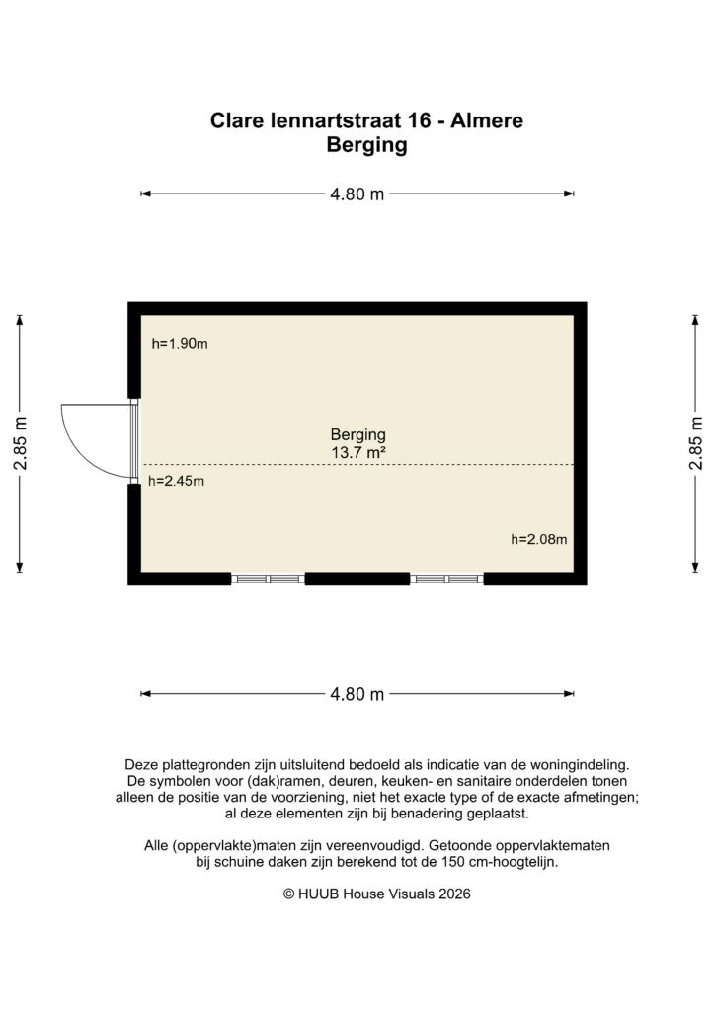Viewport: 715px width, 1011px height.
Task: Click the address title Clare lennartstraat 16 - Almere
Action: [366, 121]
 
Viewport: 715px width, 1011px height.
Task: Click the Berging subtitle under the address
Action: [366, 146]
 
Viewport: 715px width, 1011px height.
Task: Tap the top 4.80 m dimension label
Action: [357, 194]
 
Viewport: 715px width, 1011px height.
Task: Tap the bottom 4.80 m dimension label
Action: [357, 694]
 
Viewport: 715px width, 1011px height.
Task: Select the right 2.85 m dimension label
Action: [696, 442]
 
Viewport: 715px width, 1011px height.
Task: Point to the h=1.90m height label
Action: [180, 344]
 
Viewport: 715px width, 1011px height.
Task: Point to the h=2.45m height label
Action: [176, 482]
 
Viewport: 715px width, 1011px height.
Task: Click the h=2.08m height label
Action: [539, 539]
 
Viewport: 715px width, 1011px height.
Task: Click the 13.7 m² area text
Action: [357, 453]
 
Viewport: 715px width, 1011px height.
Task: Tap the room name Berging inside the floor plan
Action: [357, 434]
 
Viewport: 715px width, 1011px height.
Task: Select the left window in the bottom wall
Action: [268, 579]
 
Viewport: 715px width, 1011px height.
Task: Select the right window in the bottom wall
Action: [446, 579]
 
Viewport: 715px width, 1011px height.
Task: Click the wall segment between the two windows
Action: [357, 579]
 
